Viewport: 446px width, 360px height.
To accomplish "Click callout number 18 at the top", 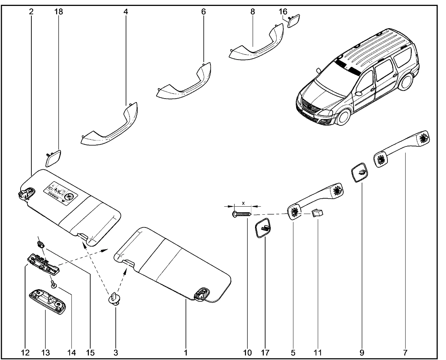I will [x=59, y=12].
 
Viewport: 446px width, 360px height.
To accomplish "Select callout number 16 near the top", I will [x=283, y=12].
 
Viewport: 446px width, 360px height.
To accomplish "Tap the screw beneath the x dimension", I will [x=242, y=214].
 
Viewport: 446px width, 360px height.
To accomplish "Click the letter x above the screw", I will [x=244, y=202].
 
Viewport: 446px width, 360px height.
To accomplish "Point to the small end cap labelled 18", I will [x=54, y=158].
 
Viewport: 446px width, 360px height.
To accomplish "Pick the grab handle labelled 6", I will [x=184, y=84].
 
